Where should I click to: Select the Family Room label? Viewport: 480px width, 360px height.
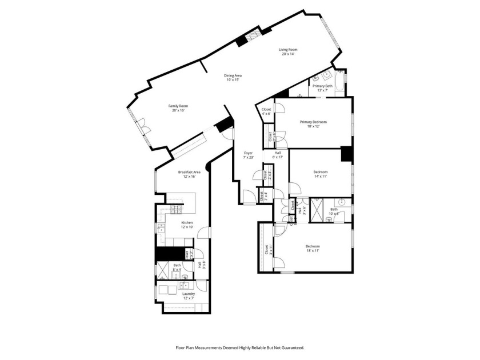pyautogui.click(x=178, y=108)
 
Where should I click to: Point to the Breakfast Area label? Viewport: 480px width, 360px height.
pyautogui.click(x=189, y=174)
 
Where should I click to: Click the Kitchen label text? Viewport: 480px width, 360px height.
pyautogui.click(x=187, y=225)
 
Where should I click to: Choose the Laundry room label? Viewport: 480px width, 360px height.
pyautogui.click(x=189, y=296)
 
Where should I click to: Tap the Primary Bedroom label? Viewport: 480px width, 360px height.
pyautogui.click(x=314, y=124)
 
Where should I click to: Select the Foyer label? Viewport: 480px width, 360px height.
pyautogui.click(x=249, y=155)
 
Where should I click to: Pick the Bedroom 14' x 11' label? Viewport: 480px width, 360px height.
pyautogui.click(x=321, y=174)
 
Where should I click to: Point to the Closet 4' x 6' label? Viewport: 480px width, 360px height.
pyautogui.click(x=266, y=111)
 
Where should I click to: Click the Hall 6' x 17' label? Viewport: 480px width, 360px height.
pyautogui.click(x=278, y=155)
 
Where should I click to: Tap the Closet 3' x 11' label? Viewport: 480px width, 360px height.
pyautogui.click(x=266, y=250)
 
